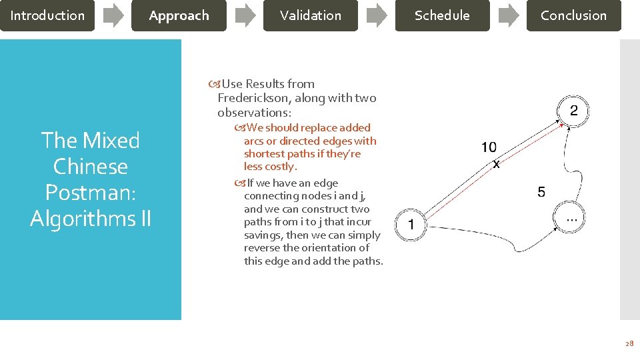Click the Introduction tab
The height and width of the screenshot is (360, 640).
pyautogui.click(x=47, y=15)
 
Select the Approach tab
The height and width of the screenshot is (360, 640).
pyautogui.click(x=179, y=15)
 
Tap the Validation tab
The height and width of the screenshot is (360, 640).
pyautogui.click(x=310, y=15)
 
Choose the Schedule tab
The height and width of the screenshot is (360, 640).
pyautogui.click(x=442, y=15)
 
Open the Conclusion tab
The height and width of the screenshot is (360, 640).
pyautogui.click(x=573, y=15)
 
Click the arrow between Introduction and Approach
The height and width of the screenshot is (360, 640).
pyautogui.click(x=113, y=15)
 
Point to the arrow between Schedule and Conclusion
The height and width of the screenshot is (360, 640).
pyautogui.click(x=509, y=15)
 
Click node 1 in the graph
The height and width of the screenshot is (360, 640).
pyautogui.click(x=411, y=225)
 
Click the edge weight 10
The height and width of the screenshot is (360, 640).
pyautogui.click(x=489, y=147)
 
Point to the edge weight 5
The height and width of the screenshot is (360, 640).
pyautogui.click(x=541, y=193)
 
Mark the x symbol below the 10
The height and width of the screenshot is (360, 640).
pyautogui.click(x=496, y=163)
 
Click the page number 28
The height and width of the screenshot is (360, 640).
pyautogui.click(x=629, y=343)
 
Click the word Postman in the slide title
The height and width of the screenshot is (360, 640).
pyautogui.click(x=91, y=192)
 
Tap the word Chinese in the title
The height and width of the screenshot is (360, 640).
pyautogui.click(x=91, y=166)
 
